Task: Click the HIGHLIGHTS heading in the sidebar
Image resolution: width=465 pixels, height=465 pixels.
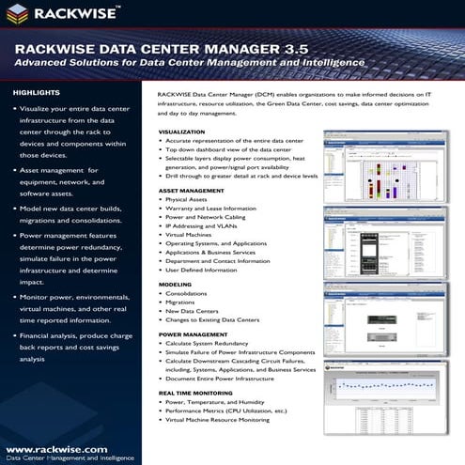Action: click(36, 93)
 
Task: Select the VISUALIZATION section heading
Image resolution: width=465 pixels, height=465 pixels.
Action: click(182, 132)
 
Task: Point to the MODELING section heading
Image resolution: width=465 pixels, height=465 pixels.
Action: click(176, 282)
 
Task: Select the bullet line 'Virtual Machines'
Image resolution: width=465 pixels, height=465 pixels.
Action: click(194, 236)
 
